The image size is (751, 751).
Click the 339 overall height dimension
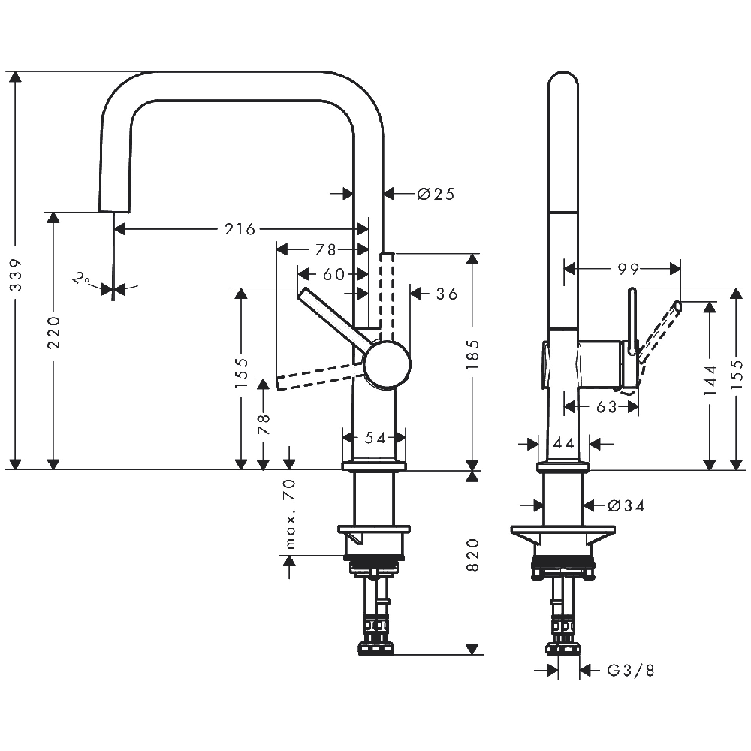click(17, 275)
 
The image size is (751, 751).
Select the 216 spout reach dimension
click(240, 229)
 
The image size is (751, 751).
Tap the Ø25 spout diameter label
click(436, 194)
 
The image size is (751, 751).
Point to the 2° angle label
click(81, 279)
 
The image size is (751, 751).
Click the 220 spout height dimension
click(54, 333)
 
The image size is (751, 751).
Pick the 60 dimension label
click(334, 274)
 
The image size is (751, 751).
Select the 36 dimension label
click(447, 294)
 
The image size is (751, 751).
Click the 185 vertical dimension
click(472, 354)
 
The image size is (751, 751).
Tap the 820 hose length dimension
click(472, 555)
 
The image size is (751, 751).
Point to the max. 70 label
click(290, 514)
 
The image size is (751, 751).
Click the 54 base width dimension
click(375, 437)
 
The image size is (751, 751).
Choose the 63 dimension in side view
click(607, 406)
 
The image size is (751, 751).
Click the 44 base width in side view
click(564, 444)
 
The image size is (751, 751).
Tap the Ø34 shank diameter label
click(626, 505)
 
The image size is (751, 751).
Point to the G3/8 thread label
click(631, 671)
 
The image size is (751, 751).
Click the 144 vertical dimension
click(710, 380)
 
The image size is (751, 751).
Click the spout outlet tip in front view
click(114, 211)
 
